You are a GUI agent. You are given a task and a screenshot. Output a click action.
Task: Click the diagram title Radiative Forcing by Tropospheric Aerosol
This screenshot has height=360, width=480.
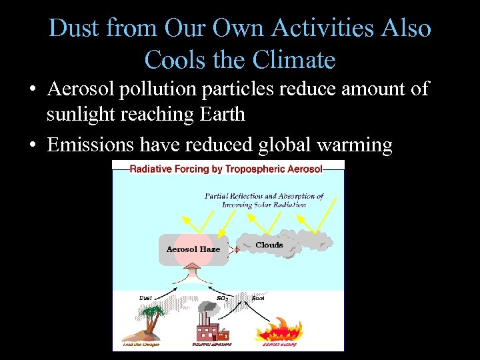click(225, 169)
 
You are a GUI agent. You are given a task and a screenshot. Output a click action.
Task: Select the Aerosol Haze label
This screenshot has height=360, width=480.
click(193, 249)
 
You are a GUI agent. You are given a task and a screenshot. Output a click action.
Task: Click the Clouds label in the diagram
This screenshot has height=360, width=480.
click(269, 245)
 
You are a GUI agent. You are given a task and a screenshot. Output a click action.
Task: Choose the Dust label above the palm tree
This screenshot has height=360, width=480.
click(146, 297)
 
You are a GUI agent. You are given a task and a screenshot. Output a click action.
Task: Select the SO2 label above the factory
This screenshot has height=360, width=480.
click(223, 298)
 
